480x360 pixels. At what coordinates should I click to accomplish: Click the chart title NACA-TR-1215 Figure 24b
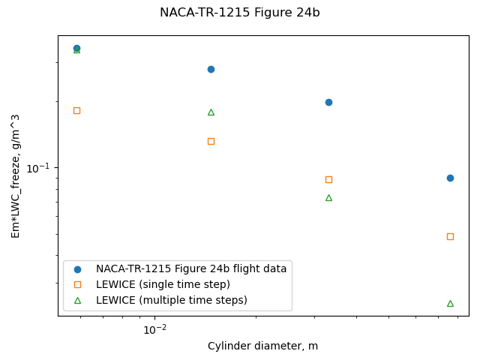(239, 13)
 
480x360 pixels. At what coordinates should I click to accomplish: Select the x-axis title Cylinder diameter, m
(262, 346)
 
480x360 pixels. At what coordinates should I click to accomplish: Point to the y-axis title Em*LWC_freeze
(15, 176)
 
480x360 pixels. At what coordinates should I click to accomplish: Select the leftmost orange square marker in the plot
(76, 110)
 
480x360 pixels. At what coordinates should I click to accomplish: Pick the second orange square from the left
(211, 141)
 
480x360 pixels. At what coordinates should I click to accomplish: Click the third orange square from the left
(328, 179)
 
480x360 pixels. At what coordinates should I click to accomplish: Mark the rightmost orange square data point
(450, 236)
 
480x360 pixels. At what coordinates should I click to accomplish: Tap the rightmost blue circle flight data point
(450, 178)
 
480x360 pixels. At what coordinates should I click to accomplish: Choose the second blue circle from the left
(211, 69)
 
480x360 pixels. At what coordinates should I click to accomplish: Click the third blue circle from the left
(328, 102)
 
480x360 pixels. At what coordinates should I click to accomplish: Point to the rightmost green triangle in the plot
(450, 303)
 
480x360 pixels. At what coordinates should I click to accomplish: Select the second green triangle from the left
(211, 112)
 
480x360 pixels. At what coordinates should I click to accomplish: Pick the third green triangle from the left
(328, 197)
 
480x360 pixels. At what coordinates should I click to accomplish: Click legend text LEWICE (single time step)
(163, 284)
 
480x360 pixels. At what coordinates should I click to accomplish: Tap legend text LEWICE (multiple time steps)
(171, 300)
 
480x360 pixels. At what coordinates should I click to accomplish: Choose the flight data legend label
(190, 268)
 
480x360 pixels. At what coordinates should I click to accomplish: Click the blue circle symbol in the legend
(77, 268)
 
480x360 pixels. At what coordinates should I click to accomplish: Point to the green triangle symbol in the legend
(77, 300)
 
